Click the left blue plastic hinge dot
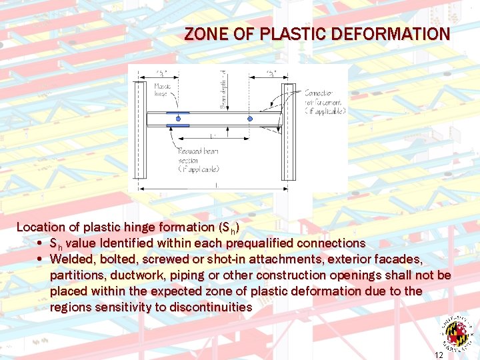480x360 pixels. point(178,119)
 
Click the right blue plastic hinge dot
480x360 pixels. point(250,119)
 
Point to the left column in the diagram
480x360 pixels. point(139,130)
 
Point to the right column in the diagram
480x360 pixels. point(288,130)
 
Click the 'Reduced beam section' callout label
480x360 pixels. point(198,161)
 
